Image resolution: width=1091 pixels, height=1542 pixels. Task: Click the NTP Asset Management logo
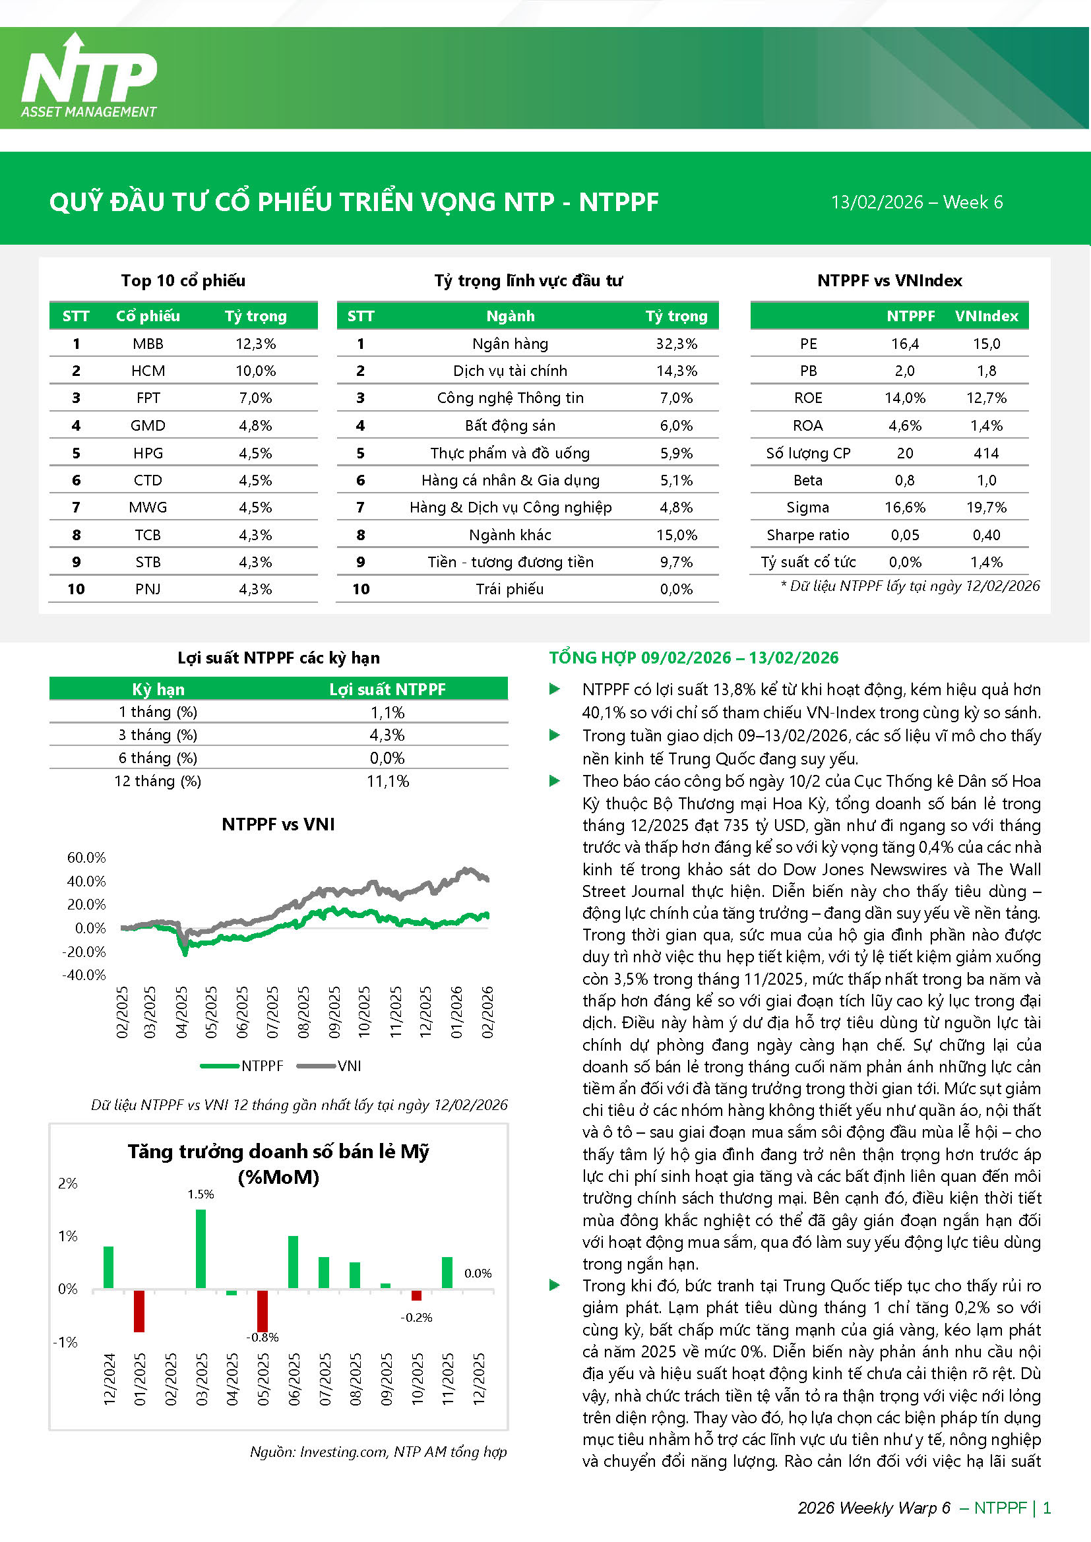pyautogui.click(x=89, y=77)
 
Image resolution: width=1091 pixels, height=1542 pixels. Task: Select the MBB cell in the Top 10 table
pyautogui.click(x=148, y=344)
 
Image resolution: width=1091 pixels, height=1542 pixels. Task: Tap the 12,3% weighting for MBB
pyautogui.click(x=255, y=344)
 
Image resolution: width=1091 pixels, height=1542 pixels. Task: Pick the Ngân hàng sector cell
pyautogui.click(x=510, y=344)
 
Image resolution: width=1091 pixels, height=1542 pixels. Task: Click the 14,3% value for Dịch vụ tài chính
pyautogui.click(x=677, y=371)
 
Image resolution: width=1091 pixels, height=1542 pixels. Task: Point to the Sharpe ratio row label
pyautogui.click(x=807, y=536)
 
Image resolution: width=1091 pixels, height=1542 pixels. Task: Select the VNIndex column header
pyautogui.click(x=986, y=317)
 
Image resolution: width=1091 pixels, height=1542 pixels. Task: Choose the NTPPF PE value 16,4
pyautogui.click(x=904, y=344)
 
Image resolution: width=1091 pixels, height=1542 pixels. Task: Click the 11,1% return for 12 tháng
pyautogui.click(x=388, y=781)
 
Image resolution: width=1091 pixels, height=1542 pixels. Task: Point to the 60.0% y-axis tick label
pyautogui.click(x=86, y=857)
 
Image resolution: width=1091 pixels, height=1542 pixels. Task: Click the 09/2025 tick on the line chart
pyautogui.click(x=334, y=1012)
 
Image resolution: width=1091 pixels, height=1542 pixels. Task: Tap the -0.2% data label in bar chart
pyautogui.click(x=416, y=1318)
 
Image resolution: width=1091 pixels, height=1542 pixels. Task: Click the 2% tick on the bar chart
pyautogui.click(x=68, y=1183)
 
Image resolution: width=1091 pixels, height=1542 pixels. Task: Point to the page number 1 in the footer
pyautogui.click(x=1047, y=1508)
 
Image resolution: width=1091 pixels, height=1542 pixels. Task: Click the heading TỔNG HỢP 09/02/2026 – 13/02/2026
pyautogui.click(x=693, y=658)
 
